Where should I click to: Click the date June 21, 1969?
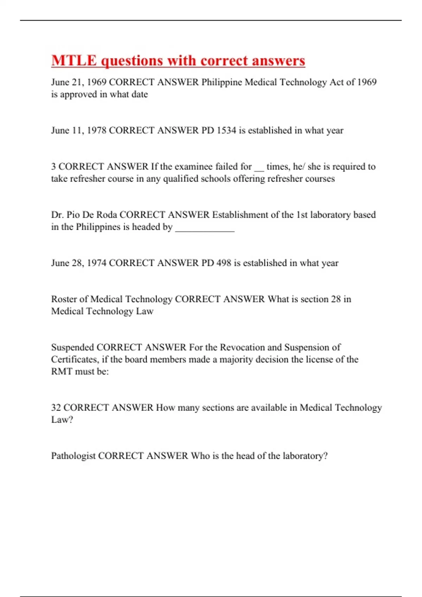coord(79,82)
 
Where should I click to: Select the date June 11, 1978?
coord(79,130)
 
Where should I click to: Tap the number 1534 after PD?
coord(226,130)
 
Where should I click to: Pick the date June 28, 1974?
coord(79,263)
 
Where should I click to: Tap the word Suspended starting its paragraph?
coord(72,347)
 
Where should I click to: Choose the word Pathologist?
coord(73,456)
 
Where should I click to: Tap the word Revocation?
coord(242,347)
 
